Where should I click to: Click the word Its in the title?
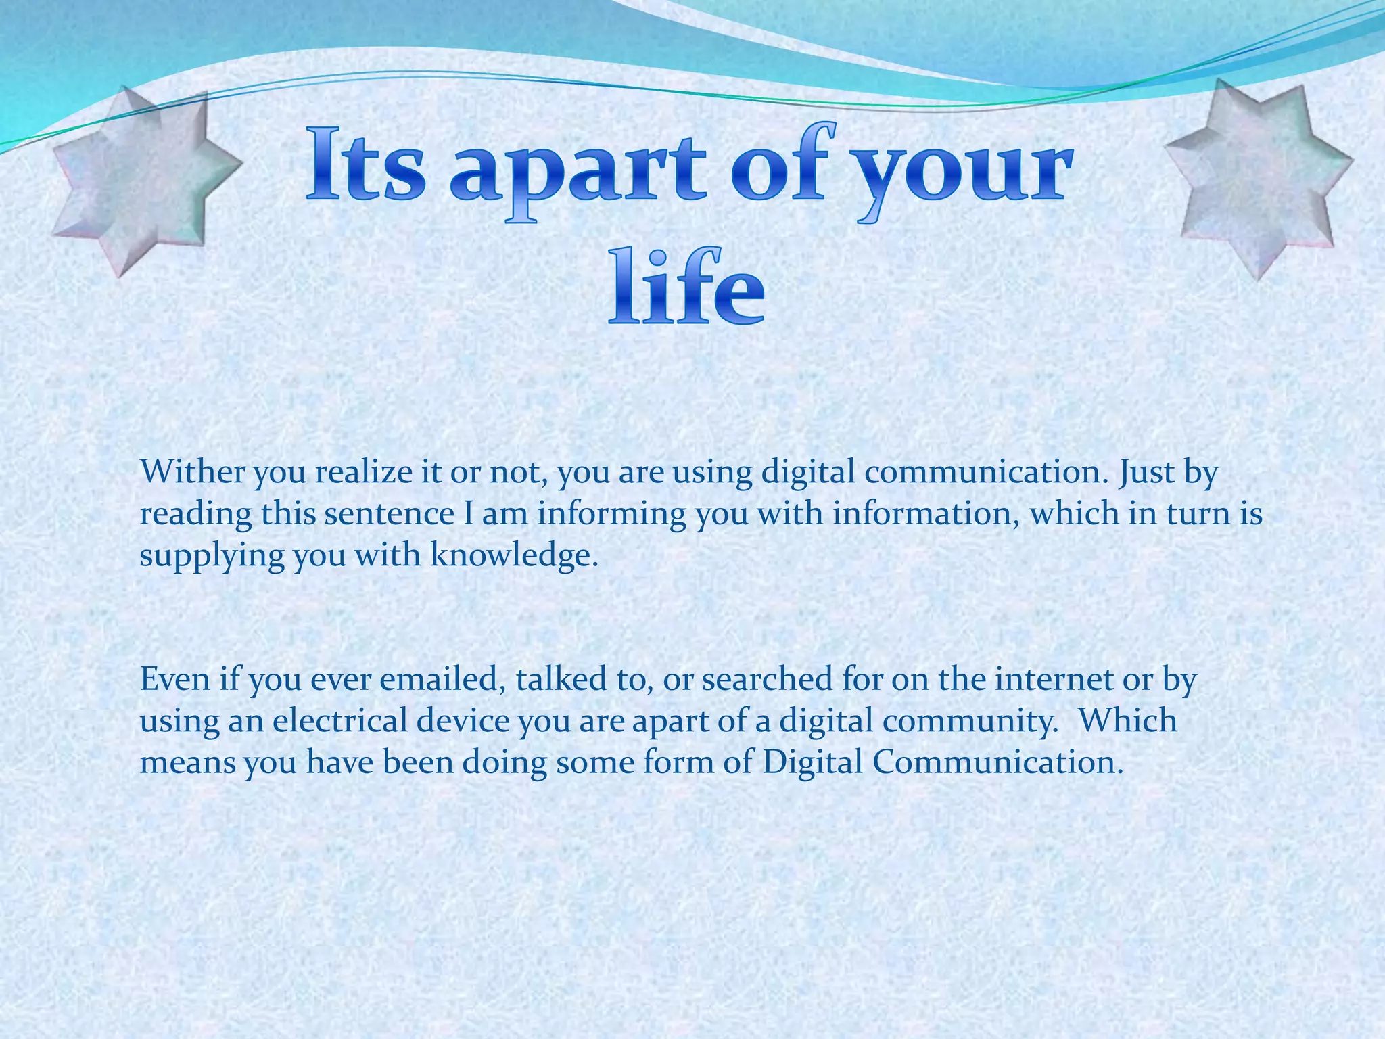(366, 166)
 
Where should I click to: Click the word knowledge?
(514, 555)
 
